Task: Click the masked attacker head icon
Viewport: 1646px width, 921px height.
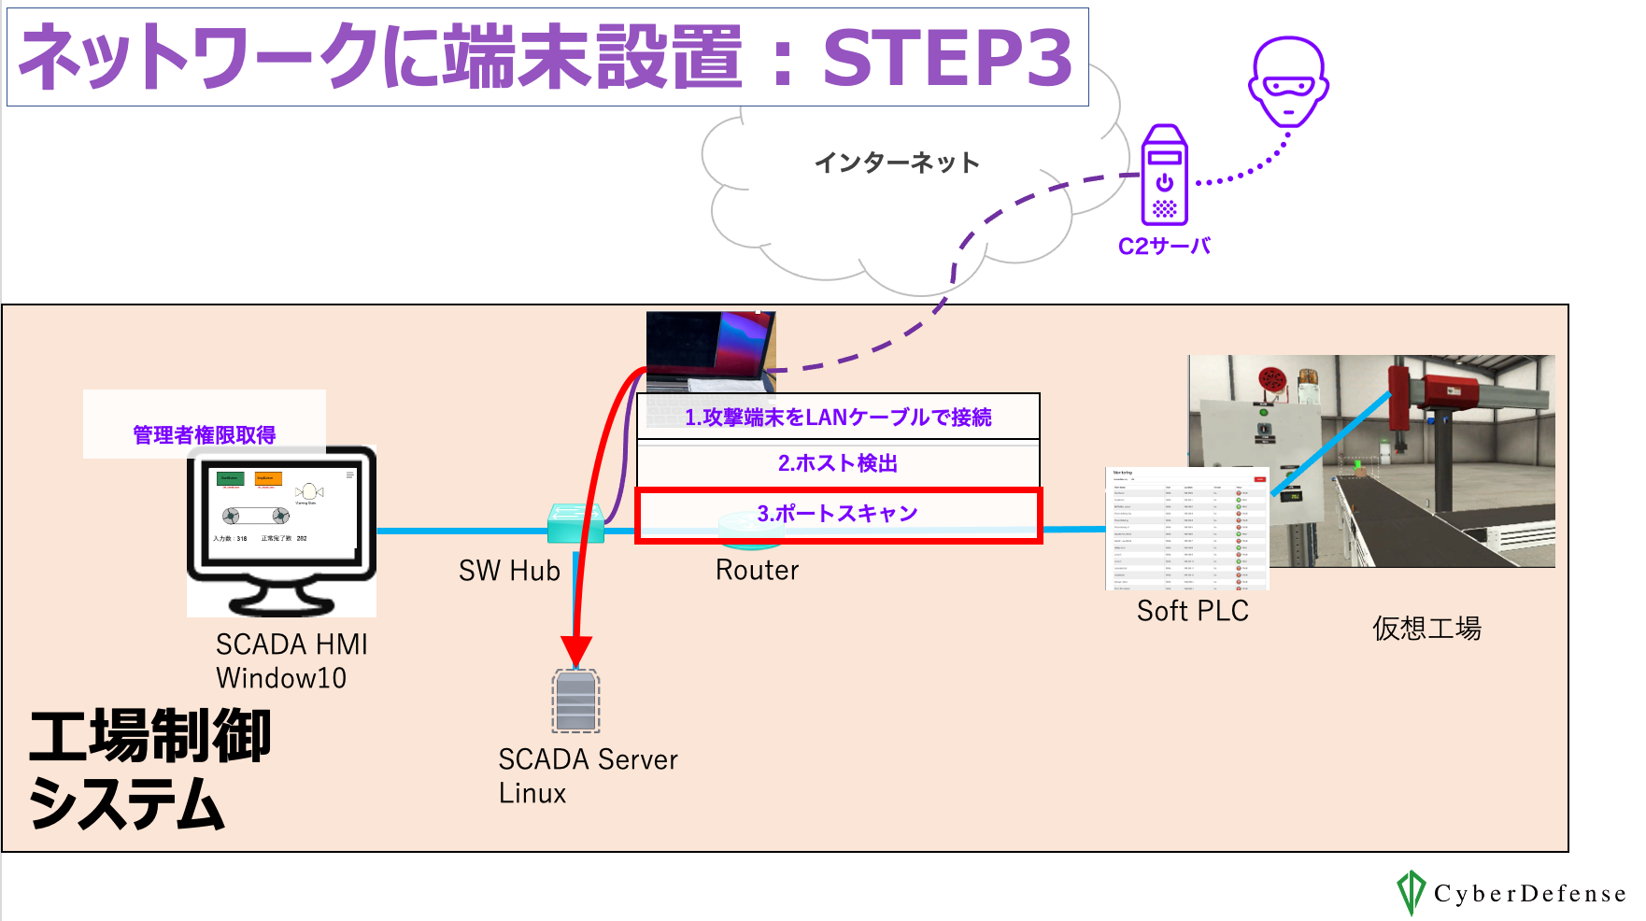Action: click(x=1288, y=82)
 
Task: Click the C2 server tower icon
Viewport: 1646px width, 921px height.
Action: click(x=1164, y=176)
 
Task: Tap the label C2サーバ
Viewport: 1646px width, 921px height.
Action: click(x=1164, y=247)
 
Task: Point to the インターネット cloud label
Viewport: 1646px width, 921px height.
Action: click(x=897, y=163)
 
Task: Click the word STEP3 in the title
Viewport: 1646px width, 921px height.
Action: click(x=947, y=58)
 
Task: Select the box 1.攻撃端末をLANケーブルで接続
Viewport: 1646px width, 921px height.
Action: click(x=838, y=417)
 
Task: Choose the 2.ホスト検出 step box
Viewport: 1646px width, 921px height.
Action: click(x=838, y=463)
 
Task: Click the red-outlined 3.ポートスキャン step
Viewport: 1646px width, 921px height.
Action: click(x=838, y=514)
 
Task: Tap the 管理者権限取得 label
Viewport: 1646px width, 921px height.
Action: click(x=205, y=434)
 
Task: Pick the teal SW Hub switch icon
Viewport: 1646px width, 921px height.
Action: click(x=574, y=523)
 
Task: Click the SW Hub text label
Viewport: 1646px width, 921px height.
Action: click(x=509, y=571)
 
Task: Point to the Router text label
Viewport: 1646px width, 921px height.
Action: click(x=757, y=570)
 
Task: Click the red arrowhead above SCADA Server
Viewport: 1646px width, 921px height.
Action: click(x=576, y=650)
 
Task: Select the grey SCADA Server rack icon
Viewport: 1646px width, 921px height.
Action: click(x=575, y=701)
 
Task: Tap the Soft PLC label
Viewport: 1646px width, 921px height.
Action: click(x=1192, y=611)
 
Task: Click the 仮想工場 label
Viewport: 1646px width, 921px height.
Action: click(x=1426, y=629)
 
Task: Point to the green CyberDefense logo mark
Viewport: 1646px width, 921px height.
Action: click(x=1410, y=892)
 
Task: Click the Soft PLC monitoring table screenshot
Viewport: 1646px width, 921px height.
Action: click(x=1187, y=529)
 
